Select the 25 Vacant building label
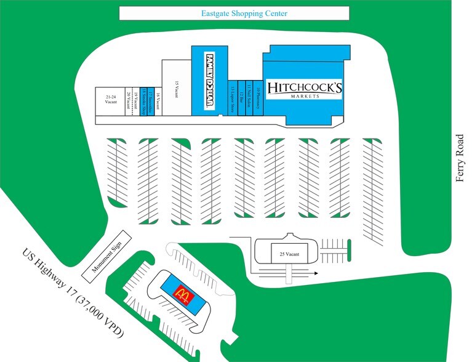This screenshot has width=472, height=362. pos(289,254)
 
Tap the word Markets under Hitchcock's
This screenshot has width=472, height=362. pos(305,97)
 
